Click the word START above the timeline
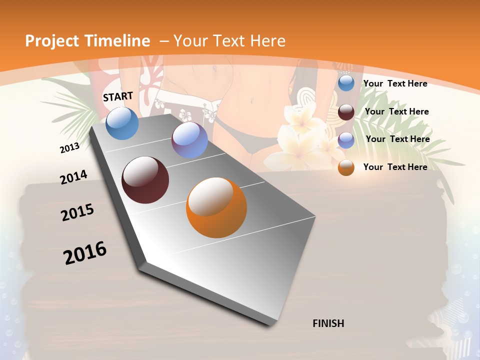[118, 96]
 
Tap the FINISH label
[328, 323]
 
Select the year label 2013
[69, 148]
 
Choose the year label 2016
[85, 253]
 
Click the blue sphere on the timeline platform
[122, 123]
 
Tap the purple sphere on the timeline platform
[189, 140]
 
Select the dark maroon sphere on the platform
[145, 180]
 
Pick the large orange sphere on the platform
[216, 207]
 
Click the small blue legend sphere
[346, 83]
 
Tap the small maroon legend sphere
[346, 112]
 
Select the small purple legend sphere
[346, 140]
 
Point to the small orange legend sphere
[346, 167]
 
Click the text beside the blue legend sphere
[395, 83]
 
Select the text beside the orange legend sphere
[395, 167]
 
